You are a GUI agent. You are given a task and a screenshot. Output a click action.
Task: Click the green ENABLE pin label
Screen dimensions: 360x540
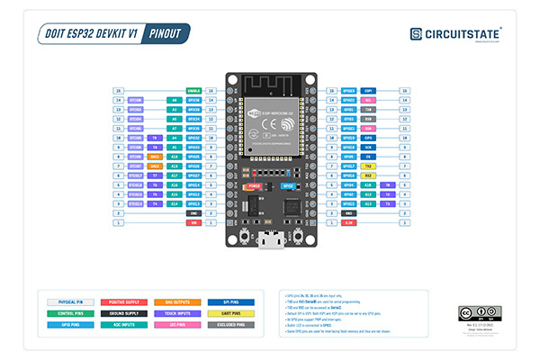tap(193, 91)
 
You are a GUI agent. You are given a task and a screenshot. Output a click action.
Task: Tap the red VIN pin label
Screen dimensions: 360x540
tap(193, 222)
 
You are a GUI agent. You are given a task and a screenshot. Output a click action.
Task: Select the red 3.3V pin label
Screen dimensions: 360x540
tap(348, 222)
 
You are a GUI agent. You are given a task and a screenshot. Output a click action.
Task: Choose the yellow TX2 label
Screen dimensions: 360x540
tap(369, 166)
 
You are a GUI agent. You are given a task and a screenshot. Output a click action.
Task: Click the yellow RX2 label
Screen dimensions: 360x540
tap(369, 175)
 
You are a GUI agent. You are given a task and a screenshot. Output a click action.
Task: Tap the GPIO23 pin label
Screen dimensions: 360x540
tap(348, 91)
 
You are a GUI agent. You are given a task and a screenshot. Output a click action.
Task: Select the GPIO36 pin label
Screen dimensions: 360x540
tap(193, 101)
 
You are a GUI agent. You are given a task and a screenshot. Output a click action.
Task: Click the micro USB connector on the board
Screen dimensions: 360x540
tap(270, 241)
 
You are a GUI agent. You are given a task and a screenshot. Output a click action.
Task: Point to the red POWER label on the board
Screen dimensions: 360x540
tap(255, 185)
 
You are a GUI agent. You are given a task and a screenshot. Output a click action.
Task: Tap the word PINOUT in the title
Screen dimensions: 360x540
tap(166, 33)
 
